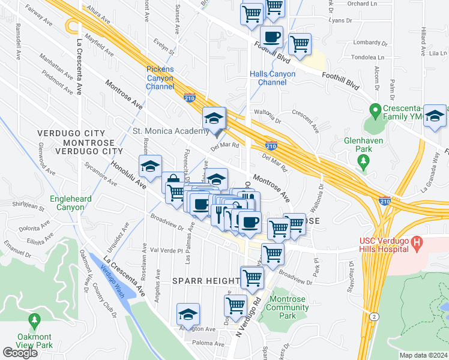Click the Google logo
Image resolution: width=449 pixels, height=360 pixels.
[x=20, y=353]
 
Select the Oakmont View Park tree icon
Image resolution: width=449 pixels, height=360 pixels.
[x=34, y=320]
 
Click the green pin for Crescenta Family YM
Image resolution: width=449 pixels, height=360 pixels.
[x=375, y=110]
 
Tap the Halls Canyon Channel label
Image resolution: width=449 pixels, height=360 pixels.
[x=273, y=78]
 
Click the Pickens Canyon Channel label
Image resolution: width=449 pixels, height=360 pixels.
[x=160, y=78]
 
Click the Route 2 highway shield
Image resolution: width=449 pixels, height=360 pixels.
[x=375, y=316]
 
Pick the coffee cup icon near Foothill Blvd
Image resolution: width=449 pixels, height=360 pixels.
[x=272, y=37]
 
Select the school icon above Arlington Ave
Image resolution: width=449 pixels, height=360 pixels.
[x=188, y=314]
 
